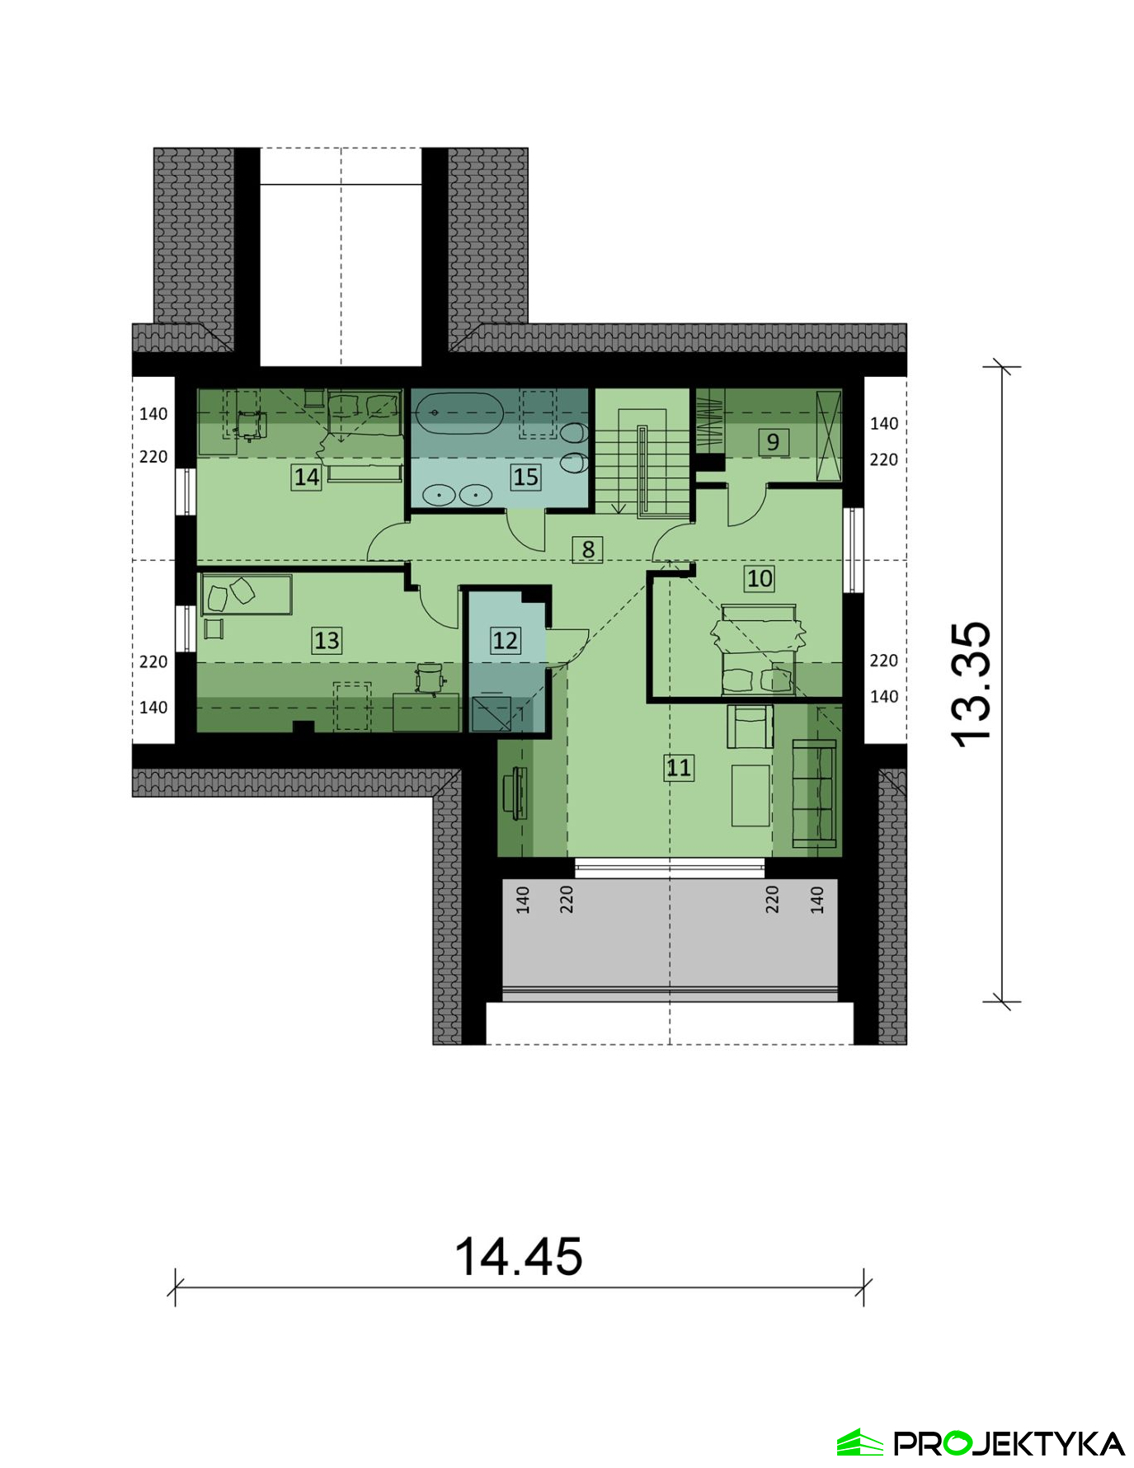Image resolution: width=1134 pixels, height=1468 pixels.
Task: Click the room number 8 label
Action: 587,549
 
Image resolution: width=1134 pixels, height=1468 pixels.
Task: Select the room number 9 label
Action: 773,442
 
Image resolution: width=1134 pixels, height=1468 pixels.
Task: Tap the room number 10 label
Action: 760,578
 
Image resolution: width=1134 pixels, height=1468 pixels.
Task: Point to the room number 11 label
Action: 679,768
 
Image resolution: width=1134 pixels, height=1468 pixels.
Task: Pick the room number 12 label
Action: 505,640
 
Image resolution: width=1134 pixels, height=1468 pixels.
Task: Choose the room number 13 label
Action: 327,640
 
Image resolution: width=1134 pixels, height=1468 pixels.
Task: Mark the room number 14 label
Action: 307,477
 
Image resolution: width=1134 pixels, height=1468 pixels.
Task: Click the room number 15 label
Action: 525,477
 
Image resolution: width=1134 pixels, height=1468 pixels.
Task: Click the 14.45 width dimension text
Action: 519,1256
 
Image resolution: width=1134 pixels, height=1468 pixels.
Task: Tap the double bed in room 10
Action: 758,649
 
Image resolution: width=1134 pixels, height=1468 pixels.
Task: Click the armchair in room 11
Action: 750,727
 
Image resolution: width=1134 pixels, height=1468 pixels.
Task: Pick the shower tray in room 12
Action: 491,714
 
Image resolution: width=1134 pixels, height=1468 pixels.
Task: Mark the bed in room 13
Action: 247,595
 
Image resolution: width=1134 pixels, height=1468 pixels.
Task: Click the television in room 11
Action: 519,793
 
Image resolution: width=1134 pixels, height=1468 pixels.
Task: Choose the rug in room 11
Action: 751,795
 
